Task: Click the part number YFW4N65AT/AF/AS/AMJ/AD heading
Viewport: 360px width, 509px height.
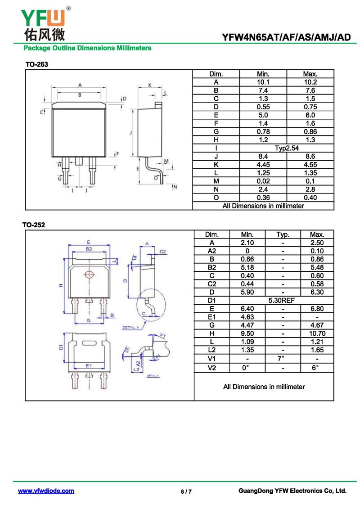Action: [x=286, y=38]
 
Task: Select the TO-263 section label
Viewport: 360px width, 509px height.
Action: [x=36, y=65]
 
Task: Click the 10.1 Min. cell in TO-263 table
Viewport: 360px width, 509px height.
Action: [x=263, y=82]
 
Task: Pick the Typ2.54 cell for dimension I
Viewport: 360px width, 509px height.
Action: [x=287, y=148]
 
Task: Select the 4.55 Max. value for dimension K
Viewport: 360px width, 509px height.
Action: [x=310, y=165]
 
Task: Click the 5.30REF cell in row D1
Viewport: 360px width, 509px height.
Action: [x=282, y=300]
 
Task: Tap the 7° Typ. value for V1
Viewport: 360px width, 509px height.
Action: [x=282, y=359]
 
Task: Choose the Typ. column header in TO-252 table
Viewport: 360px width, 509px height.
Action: [x=282, y=234]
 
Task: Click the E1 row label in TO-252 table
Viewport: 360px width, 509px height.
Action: [x=211, y=317]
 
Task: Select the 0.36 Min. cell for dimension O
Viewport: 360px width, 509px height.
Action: [x=263, y=198]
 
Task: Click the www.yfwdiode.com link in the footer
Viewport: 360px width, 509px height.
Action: [x=46, y=491]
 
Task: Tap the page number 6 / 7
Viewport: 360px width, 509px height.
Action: [x=186, y=491]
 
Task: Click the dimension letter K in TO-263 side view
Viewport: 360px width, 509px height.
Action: [x=149, y=85]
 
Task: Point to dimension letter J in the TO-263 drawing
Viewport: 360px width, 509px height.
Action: [x=130, y=133]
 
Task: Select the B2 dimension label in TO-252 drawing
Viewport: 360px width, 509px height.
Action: [x=89, y=248]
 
